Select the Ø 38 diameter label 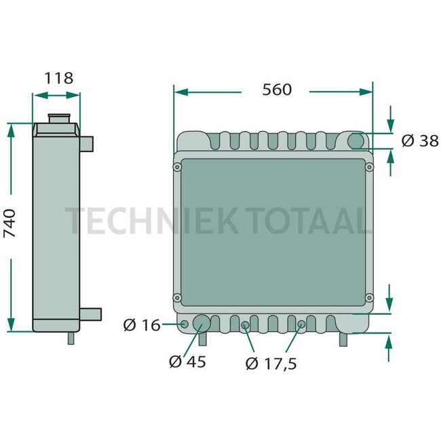click(x=419, y=141)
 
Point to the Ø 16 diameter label click(x=142, y=326)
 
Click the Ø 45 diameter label click(x=187, y=362)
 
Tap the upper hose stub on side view click(x=88, y=144)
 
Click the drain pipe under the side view click(x=71, y=338)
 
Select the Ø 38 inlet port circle click(x=357, y=140)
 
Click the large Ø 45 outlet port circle click(x=202, y=323)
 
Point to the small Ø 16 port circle click(x=184, y=324)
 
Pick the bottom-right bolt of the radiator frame click(x=369, y=297)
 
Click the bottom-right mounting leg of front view click(x=344, y=339)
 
